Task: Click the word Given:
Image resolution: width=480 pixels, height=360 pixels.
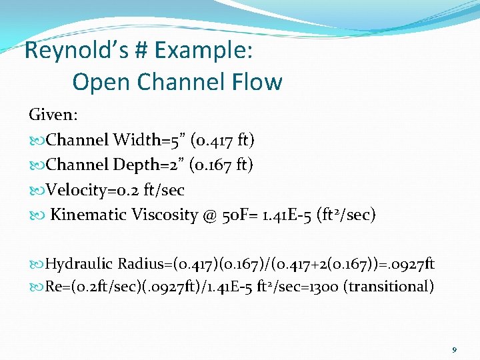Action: pyautogui.click(x=53, y=115)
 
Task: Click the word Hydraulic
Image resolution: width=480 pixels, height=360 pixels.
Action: pyautogui.click(x=79, y=264)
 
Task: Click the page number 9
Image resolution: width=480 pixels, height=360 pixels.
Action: pyautogui.click(x=454, y=349)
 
